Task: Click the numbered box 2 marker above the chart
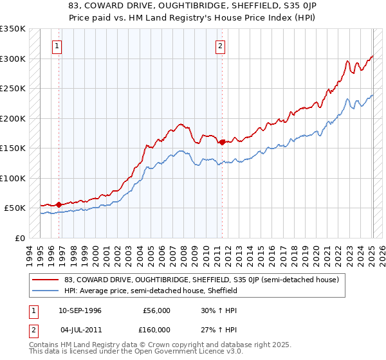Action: [x=221, y=46]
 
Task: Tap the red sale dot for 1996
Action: [x=59, y=204]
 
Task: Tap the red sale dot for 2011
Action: [x=222, y=142]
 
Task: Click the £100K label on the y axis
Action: [x=13, y=178]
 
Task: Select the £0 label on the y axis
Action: [x=19, y=238]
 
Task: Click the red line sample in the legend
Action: [x=46, y=280]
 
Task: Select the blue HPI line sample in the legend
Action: [x=46, y=291]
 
